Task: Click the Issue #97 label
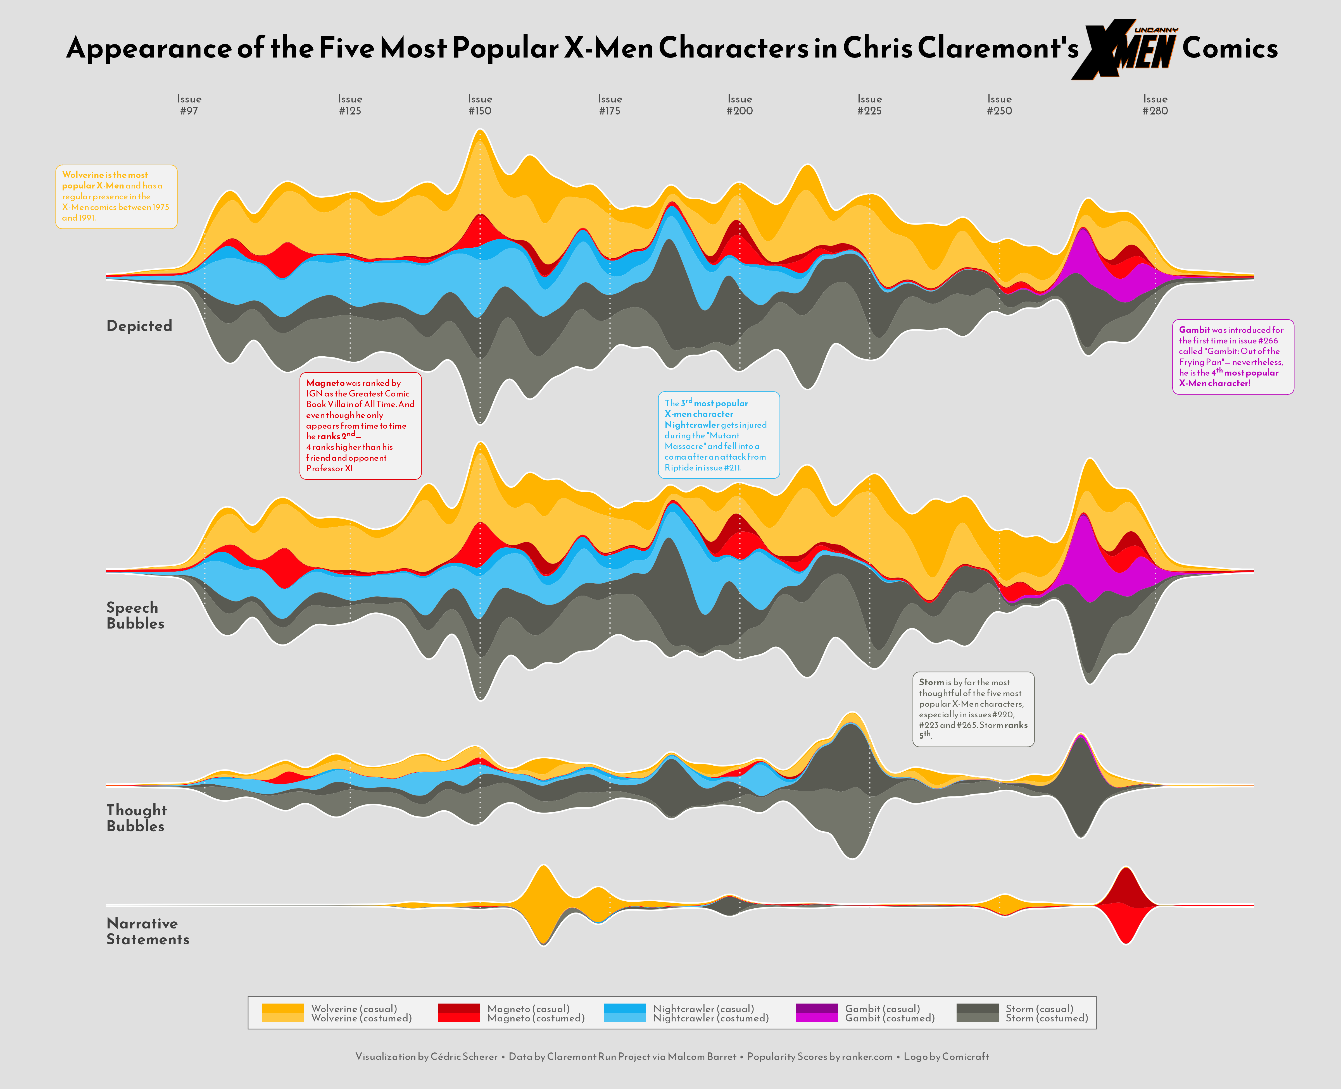point(189,105)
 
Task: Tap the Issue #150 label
point(480,105)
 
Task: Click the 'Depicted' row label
point(139,326)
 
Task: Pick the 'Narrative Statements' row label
point(148,932)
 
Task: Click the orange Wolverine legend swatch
point(282,1013)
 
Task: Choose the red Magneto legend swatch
point(459,1013)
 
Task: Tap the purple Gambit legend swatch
point(816,1013)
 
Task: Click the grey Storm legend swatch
point(977,1013)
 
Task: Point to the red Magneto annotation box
point(360,426)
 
